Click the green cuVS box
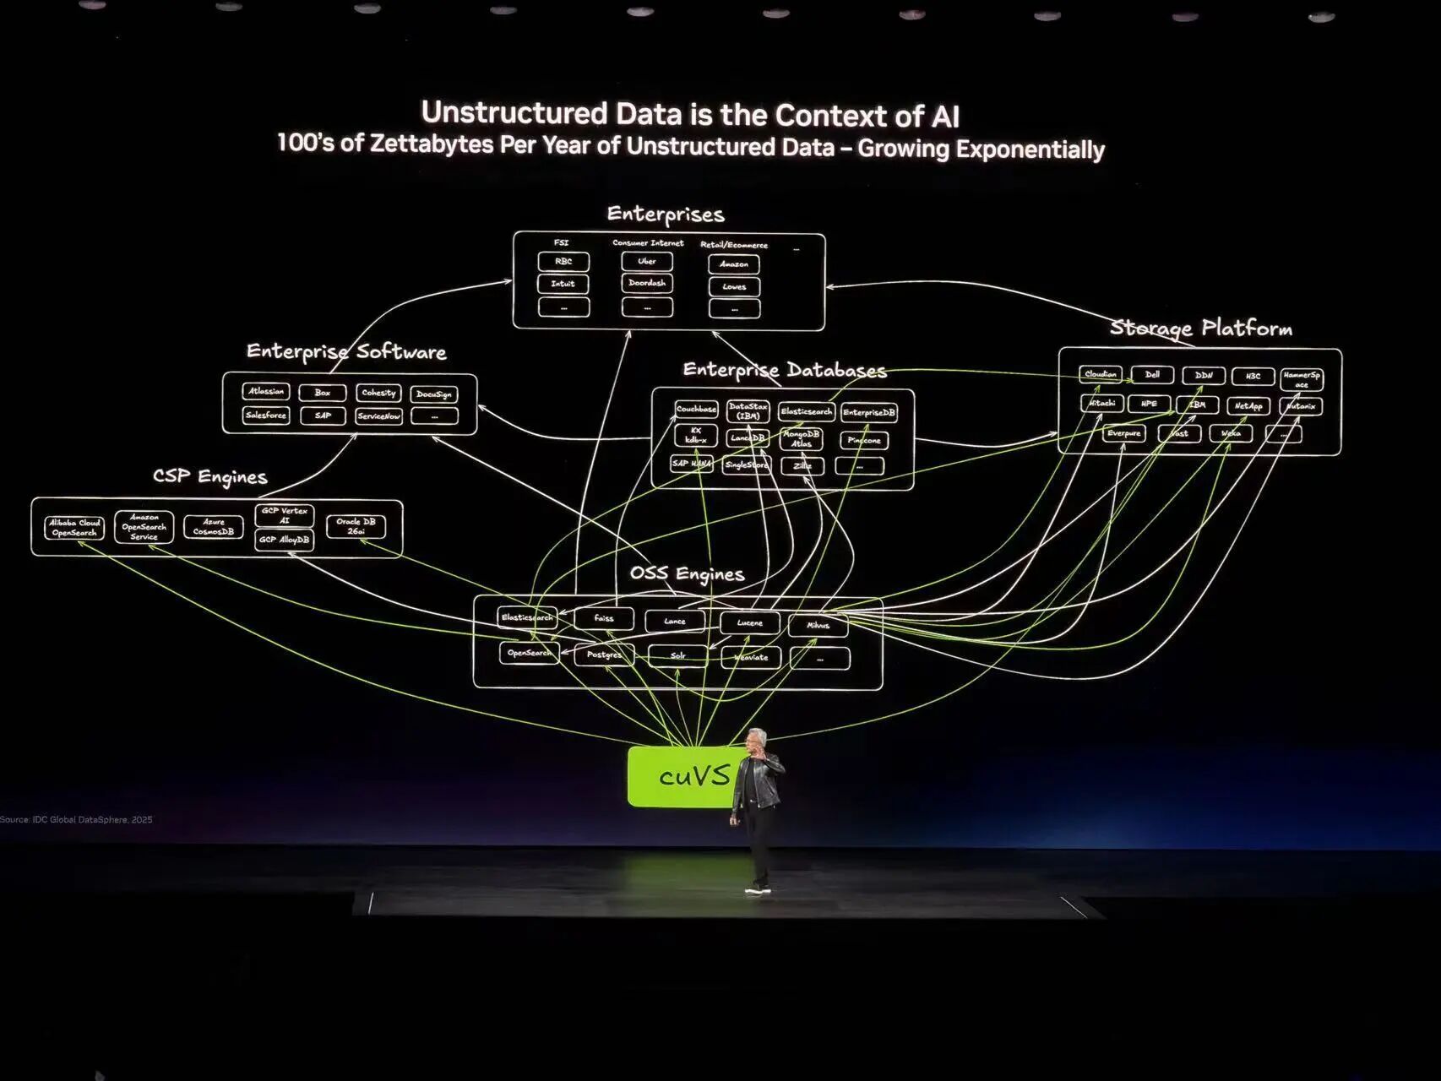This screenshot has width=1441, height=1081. click(680, 776)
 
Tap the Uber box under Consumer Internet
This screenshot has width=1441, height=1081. click(647, 262)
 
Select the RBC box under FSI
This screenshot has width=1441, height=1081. click(563, 262)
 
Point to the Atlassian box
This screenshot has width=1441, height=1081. click(266, 392)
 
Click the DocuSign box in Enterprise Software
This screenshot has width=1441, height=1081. click(434, 394)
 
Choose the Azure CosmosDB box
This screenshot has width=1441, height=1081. click(213, 527)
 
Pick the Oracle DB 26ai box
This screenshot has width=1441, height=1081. click(356, 526)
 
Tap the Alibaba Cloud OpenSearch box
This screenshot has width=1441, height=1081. click(74, 528)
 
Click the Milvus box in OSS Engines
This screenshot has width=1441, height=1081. click(818, 626)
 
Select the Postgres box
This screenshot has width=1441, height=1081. click(604, 655)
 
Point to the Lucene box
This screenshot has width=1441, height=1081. click(749, 623)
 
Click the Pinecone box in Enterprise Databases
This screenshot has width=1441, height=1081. click(864, 440)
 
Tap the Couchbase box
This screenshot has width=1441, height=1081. click(696, 410)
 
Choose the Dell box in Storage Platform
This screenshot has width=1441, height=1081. click(1152, 374)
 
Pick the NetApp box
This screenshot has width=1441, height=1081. click(1248, 406)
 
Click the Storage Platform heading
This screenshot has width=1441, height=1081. click(1200, 329)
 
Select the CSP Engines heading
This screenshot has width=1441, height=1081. click(209, 477)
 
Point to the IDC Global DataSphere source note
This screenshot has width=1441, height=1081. click(77, 820)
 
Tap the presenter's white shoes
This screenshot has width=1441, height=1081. click(758, 888)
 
